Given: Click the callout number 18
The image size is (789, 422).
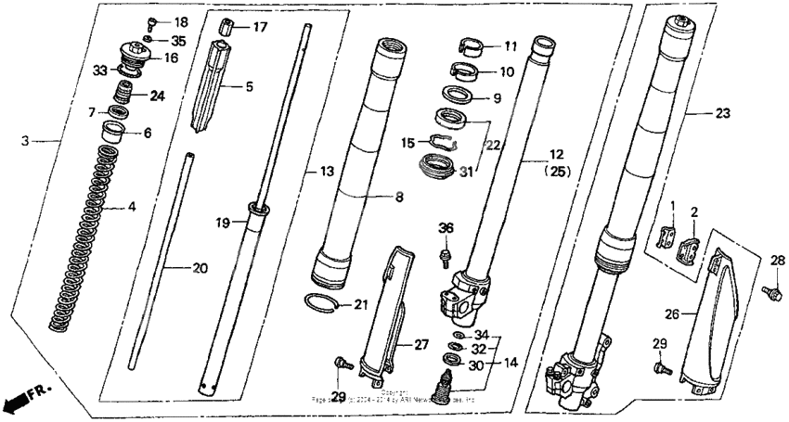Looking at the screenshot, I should click(180, 21).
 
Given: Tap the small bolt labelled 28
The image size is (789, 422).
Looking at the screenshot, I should click(769, 293).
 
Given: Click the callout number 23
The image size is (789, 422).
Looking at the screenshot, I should click(722, 113).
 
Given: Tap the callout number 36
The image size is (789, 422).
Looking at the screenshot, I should click(447, 229).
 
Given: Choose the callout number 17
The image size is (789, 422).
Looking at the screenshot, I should click(259, 27).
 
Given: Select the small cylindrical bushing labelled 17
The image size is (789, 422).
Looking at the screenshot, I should click(226, 25).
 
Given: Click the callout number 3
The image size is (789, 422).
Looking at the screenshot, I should click(27, 141).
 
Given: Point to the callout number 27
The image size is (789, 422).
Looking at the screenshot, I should click(421, 344).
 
